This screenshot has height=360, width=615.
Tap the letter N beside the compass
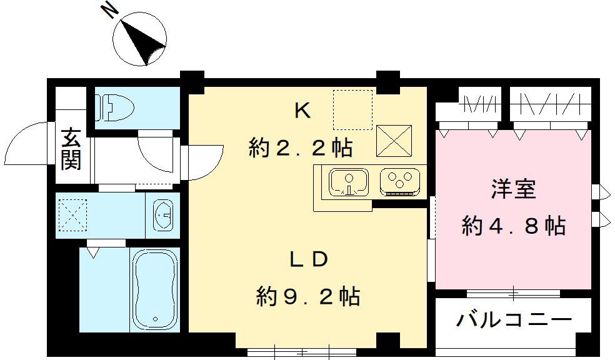110,10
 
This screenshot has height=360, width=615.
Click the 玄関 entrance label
71,149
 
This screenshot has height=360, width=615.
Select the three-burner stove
398,181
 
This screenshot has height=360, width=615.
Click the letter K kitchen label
302,111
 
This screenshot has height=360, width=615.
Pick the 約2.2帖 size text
301,148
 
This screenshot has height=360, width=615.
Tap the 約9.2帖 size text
308,295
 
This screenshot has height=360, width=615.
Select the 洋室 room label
514,189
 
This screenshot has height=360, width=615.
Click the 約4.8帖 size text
514,225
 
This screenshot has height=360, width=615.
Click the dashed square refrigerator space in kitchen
352,109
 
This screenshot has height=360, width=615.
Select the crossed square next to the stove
394,141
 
